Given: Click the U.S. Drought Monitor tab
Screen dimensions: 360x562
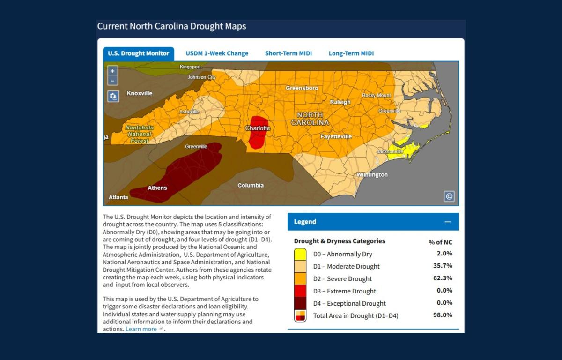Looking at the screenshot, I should point(138,53).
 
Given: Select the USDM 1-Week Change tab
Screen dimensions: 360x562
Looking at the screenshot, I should point(217,53).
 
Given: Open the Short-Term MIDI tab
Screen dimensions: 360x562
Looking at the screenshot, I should point(288,53).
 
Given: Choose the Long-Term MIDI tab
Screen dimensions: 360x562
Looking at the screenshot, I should point(351,53).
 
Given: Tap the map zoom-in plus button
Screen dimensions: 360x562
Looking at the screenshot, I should point(112,71).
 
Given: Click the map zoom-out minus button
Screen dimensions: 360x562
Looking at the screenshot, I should point(112,80).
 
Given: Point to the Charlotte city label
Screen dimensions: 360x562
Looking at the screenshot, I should point(258,128).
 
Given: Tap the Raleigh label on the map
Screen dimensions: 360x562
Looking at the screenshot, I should point(340,102).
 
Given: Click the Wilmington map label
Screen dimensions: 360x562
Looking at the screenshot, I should point(372,175).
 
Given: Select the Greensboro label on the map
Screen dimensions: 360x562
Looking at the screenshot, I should point(302,88).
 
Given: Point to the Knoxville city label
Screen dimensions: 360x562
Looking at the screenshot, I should point(140,93).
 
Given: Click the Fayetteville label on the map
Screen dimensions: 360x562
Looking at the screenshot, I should point(336,136).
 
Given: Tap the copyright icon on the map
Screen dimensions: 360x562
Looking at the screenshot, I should point(449,196).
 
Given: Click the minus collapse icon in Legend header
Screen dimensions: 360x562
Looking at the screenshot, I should point(448,222).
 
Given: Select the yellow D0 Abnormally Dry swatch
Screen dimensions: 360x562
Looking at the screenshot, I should point(300,255).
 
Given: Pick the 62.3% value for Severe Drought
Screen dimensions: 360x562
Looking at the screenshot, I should point(443,278).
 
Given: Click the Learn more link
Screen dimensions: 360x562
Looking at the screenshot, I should point(141,329).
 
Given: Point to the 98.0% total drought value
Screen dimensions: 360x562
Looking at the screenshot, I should point(443,315).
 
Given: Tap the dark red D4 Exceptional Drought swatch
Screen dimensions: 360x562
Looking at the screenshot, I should point(300,303).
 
